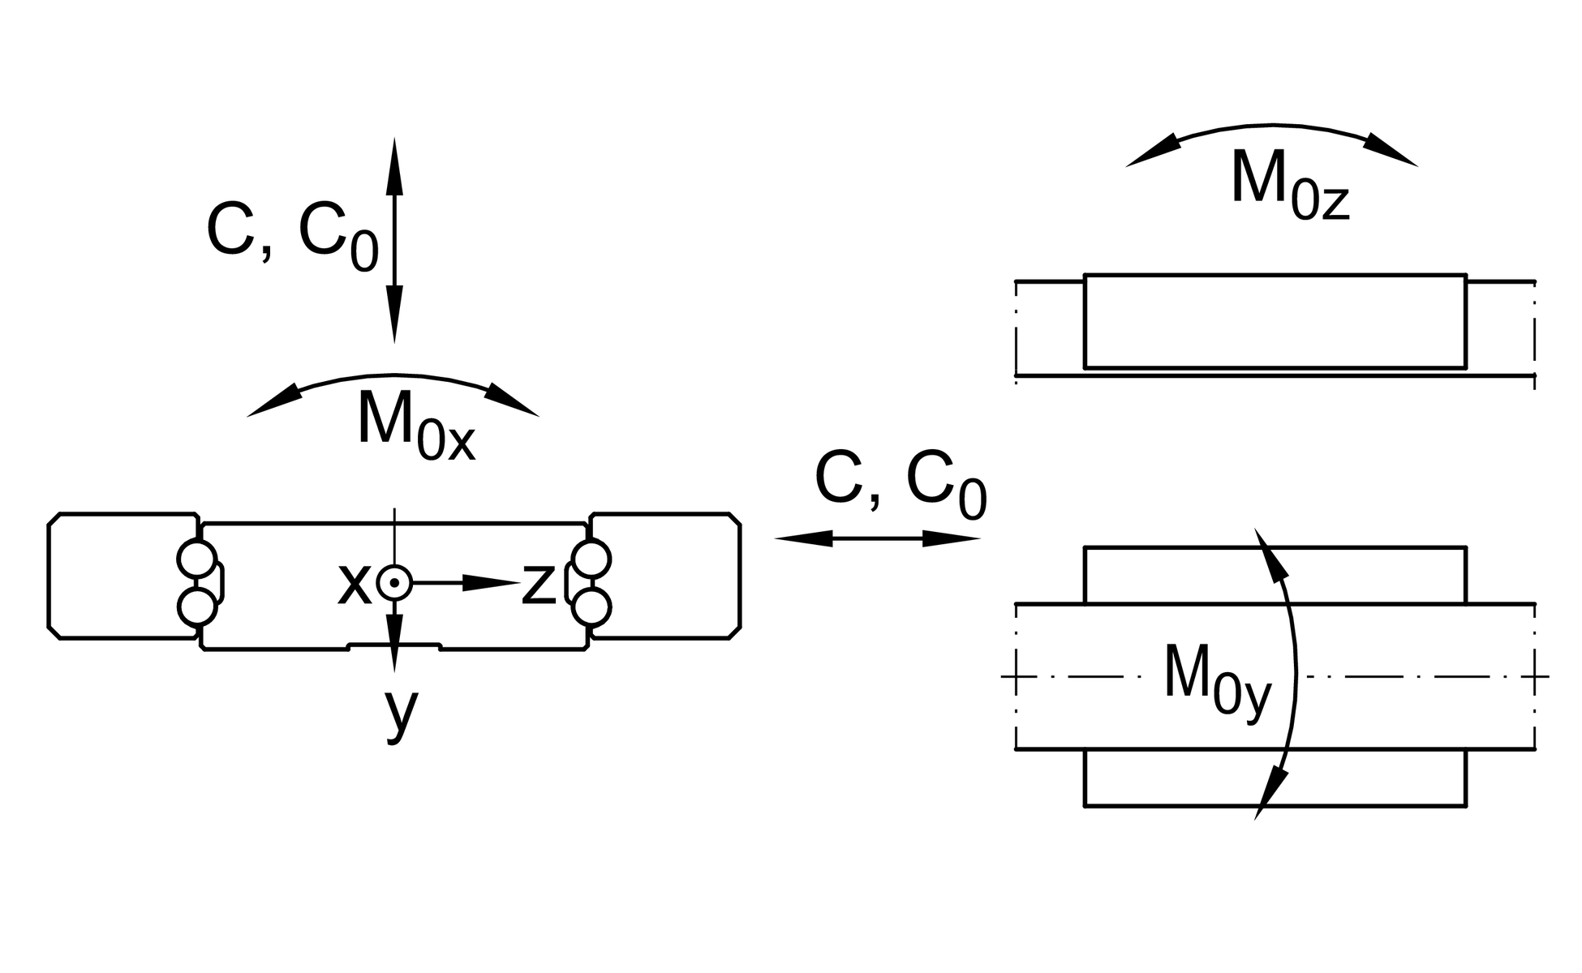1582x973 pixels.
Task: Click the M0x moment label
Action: point(415,425)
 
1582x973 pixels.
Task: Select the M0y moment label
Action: point(1217,679)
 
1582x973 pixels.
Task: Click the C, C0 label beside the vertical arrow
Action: point(292,235)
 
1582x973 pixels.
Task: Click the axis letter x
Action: point(355,584)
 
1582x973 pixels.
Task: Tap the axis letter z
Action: point(538,584)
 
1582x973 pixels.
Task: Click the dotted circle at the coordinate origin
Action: point(394,583)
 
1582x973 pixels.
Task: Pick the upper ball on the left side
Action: point(196,559)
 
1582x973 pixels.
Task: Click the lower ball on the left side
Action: point(196,607)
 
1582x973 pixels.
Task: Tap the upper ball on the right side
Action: point(591,559)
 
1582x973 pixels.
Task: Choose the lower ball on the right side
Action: point(591,607)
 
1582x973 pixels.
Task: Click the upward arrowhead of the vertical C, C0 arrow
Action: point(394,166)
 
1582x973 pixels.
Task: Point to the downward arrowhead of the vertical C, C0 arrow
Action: point(394,315)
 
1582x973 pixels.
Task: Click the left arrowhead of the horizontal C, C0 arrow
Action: point(803,538)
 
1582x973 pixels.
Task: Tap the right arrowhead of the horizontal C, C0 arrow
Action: point(952,538)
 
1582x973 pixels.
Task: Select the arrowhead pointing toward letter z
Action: point(491,583)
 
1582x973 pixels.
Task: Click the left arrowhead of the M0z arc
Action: point(1152,155)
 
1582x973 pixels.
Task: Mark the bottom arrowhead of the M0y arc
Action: point(1270,794)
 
